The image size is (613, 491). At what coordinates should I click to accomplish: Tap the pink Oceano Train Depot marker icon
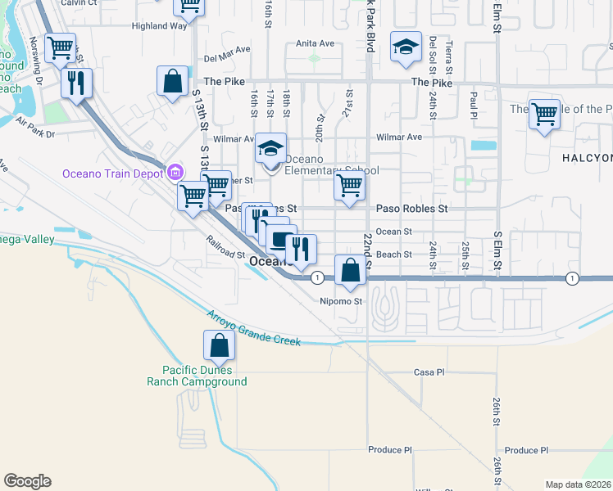coord(174,172)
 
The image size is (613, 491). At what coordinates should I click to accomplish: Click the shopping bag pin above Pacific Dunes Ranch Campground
coord(219,346)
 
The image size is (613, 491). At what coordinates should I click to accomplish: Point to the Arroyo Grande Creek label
coord(253,328)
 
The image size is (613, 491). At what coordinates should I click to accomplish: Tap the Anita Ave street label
coord(316,43)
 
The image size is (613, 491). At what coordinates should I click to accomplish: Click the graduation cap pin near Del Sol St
coord(405,47)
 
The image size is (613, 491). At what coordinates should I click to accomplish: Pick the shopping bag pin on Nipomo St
coord(350,270)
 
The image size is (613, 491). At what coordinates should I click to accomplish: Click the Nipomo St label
coord(341,302)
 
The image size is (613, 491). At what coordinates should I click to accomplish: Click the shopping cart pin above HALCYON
coord(544,114)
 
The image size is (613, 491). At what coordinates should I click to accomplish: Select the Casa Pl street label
coord(429,372)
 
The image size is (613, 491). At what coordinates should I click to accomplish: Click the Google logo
coord(27,481)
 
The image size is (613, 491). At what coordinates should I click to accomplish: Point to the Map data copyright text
coord(579,484)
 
